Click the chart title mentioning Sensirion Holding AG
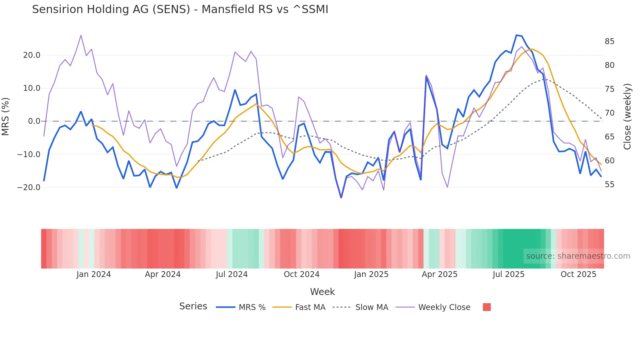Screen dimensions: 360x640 click(x=180, y=9)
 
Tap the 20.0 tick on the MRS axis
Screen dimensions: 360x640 click(x=32, y=55)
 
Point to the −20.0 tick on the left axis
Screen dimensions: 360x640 click(x=29, y=188)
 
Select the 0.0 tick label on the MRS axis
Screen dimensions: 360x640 click(x=34, y=121)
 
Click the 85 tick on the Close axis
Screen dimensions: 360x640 click(x=609, y=41)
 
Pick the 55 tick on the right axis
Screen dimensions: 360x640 click(x=609, y=185)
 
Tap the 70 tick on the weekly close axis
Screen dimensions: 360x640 click(x=609, y=113)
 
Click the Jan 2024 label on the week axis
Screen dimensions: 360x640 click(x=94, y=274)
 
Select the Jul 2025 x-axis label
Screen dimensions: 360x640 click(x=508, y=274)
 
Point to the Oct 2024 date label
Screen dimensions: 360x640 click(x=301, y=274)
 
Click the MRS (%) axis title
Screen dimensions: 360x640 click(x=6, y=117)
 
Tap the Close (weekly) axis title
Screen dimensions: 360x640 click(x=627, y=117)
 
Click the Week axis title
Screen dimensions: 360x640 click(x=322, y=292)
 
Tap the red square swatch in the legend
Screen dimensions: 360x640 click(x=487, y=307)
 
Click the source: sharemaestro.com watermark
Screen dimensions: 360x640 click(x=578, y=256)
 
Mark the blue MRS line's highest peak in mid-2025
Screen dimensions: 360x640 click(x=517, y=35)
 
